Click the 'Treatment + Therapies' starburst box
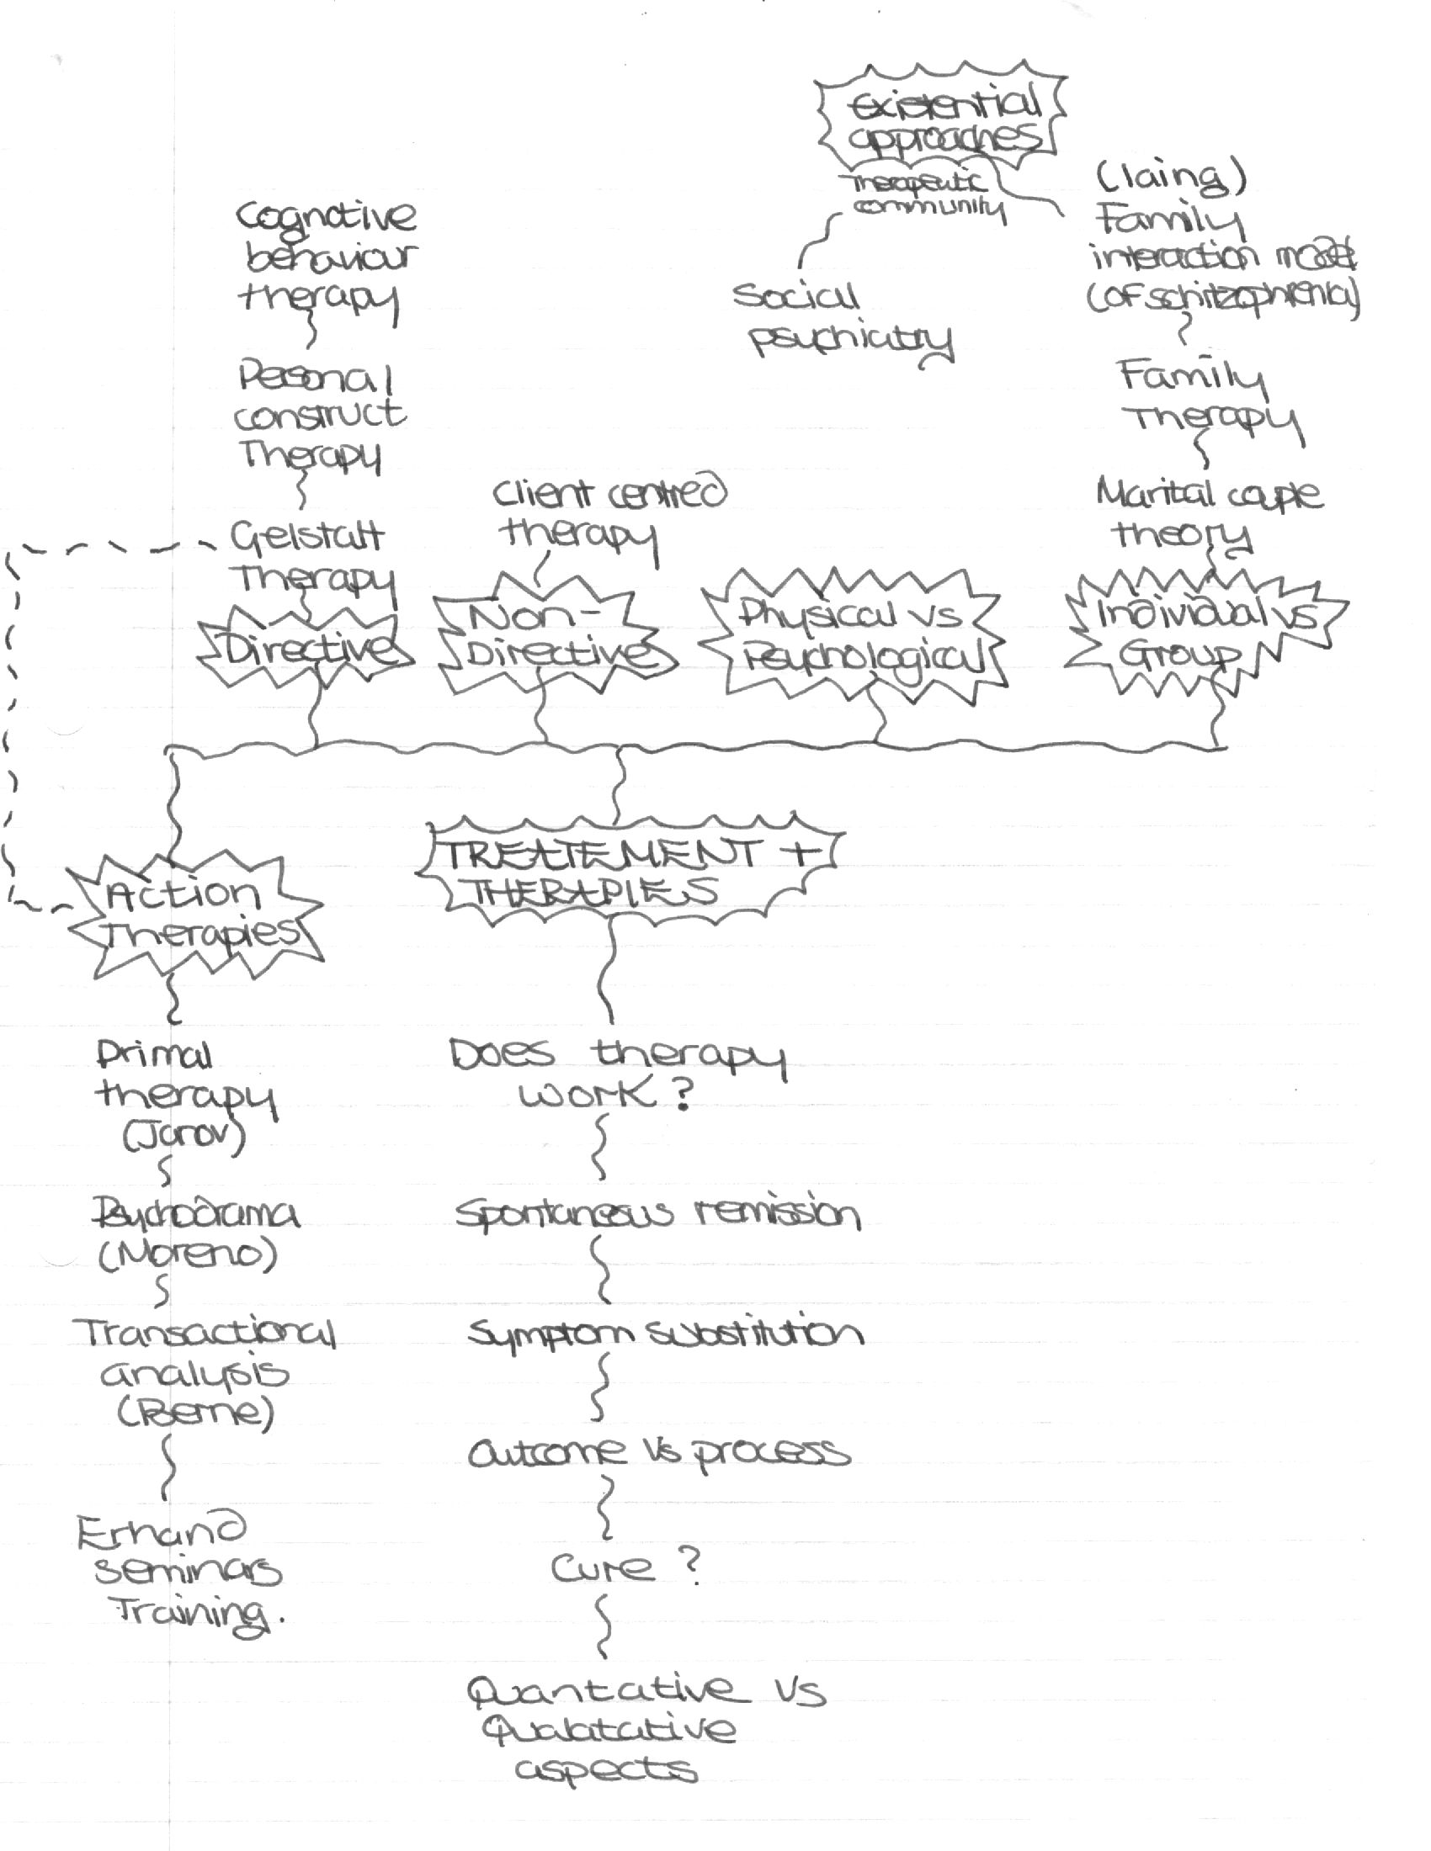click(x=624, y=872)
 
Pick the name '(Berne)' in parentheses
click(x=196, y=1413)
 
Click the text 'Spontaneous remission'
click(x=658, y=1213)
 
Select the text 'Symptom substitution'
click(x=665, y=1334)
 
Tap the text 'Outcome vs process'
click(x=658, y=1453)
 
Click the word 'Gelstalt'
click(x=307, y=536)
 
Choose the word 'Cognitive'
click(x=326, y=217)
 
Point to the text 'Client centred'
click(x=609, y=493)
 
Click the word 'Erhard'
click(x=160, y=1530)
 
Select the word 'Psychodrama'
click(x=195, y=1214)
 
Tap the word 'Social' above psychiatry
click(x=795, y=297)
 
